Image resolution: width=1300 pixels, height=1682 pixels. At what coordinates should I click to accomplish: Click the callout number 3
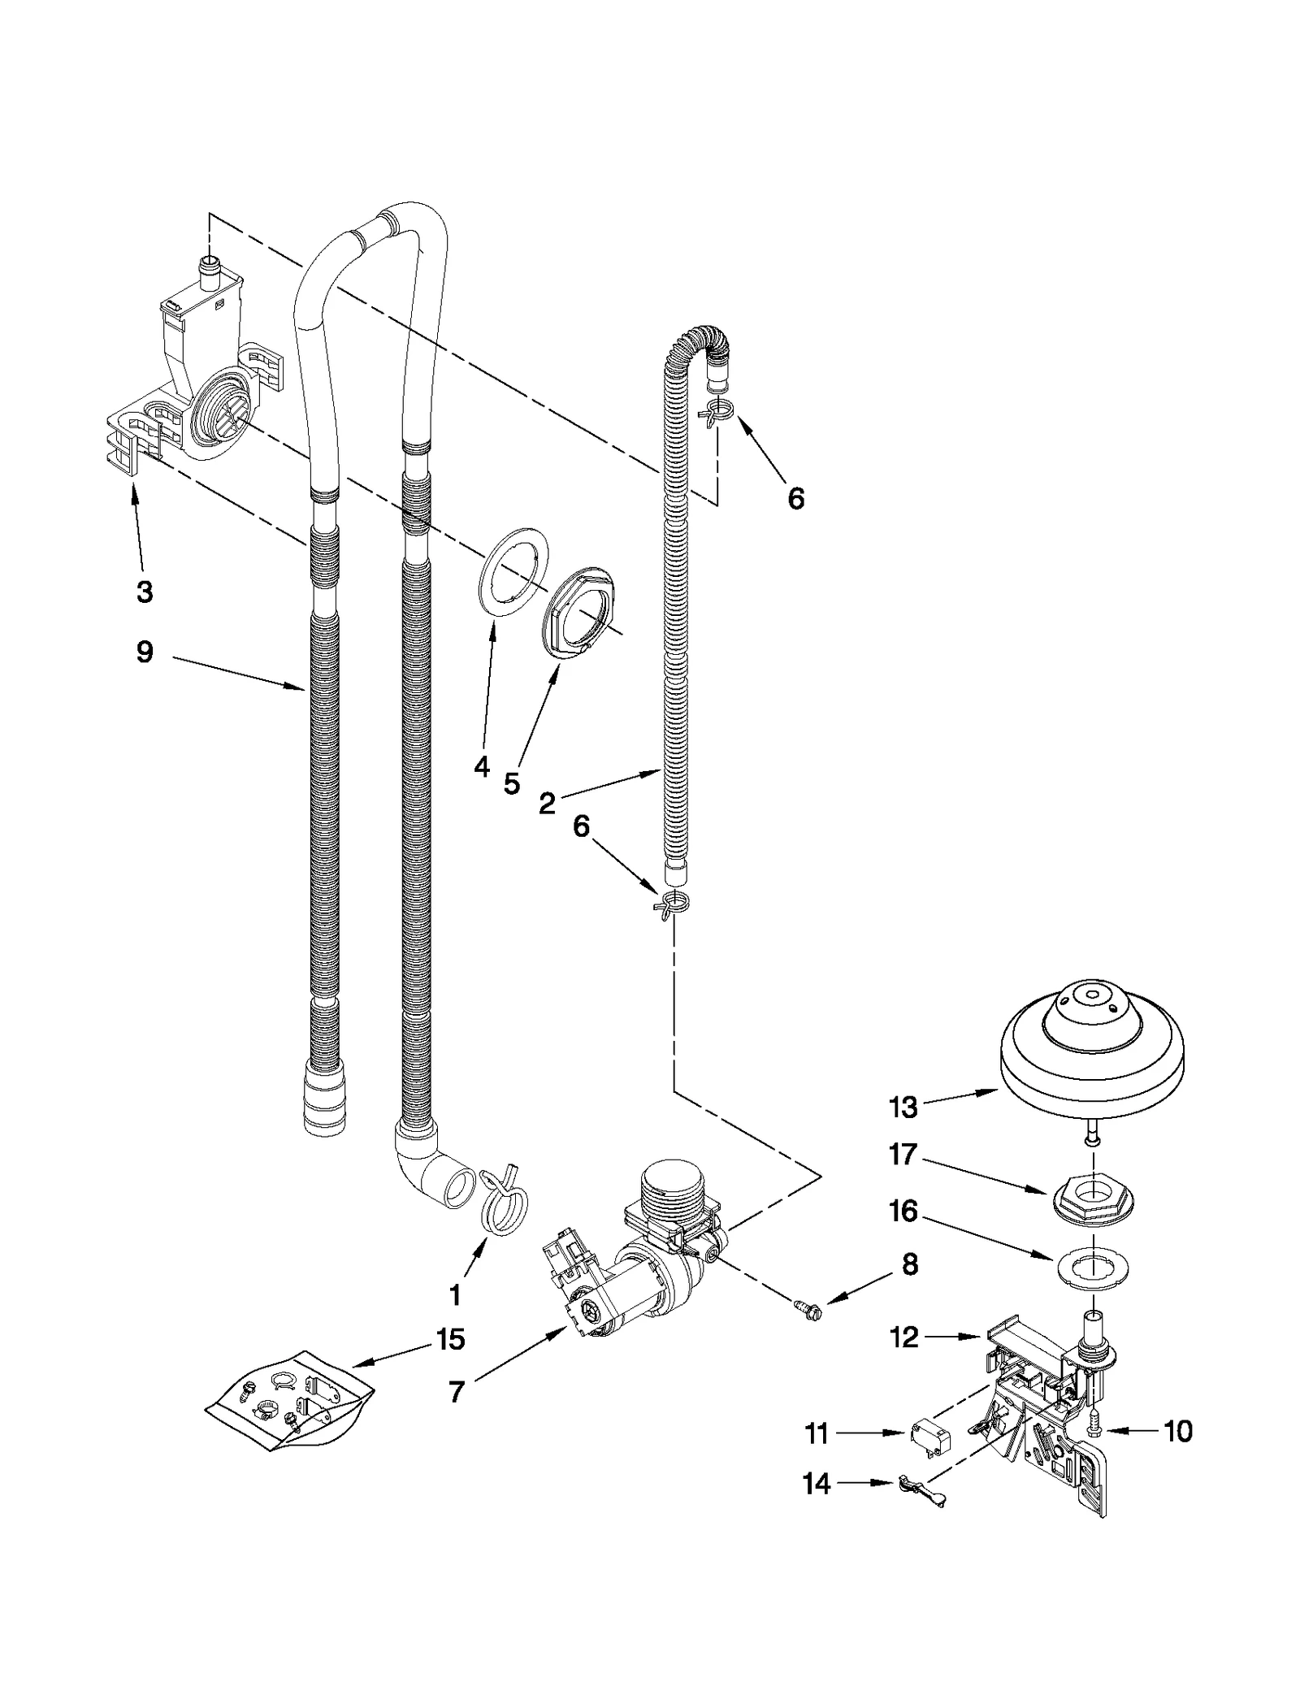pyautogui.click(x=144, y=592)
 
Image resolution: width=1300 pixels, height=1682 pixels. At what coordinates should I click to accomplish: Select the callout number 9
pyautogui.click(x=144, y=652)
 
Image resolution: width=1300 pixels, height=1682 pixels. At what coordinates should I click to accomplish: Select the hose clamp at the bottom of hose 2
pyautogui.click(x=673, y=904)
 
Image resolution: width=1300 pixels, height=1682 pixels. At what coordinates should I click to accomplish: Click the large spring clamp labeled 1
pyautogui.click(x=503, y=1212)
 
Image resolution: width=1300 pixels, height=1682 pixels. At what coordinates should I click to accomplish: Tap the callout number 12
pyautogui.click(x=903, y=1337)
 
